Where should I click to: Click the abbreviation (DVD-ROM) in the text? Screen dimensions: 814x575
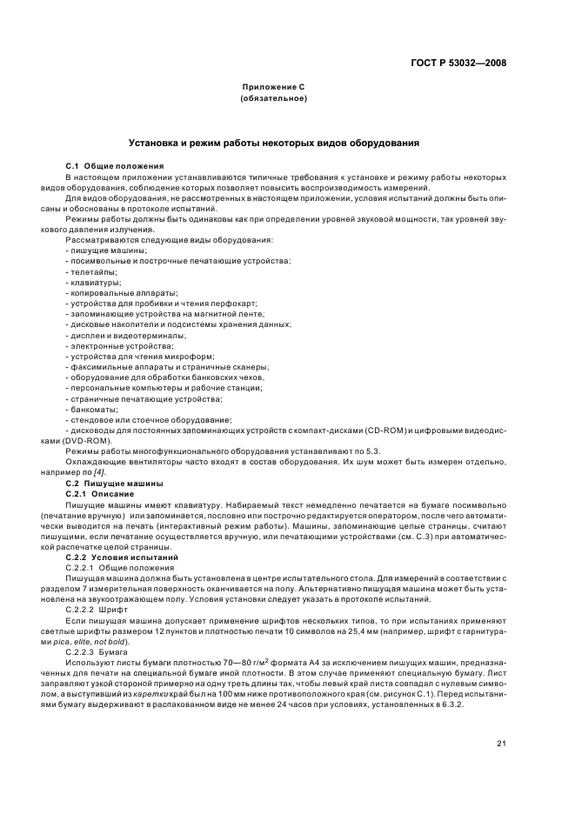click(87, 440)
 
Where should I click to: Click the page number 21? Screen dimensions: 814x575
click(501, 742)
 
